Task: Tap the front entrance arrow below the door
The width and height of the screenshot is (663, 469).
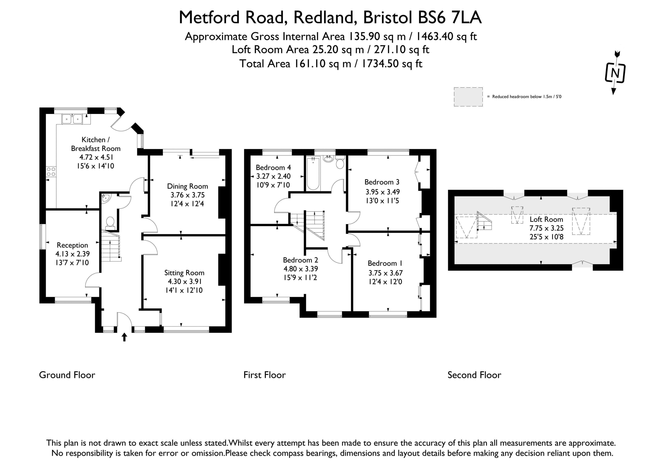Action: [x=125, y=337]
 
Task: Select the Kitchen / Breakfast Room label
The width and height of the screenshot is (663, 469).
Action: [x=96, y=144]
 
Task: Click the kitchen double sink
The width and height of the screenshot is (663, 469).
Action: [x=72, y=119]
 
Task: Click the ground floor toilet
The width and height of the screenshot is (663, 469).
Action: [x=110, y=223]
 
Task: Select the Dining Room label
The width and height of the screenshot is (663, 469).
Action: [x=188, y=186]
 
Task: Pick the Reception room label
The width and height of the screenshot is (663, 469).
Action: [x=72, y=245]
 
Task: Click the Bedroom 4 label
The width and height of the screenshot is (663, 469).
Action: [x=273, y=168]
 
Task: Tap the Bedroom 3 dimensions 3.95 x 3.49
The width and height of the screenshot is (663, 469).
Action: [x=383, y=192]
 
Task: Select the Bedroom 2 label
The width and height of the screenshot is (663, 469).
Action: [x=300, y=260]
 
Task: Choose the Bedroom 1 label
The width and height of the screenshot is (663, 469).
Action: [x=385, y=263]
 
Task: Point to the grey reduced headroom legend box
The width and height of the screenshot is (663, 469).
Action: [x=468, y=97]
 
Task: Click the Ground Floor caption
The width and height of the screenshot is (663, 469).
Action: [x=67, y=375]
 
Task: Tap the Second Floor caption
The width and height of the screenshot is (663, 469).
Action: [x=474, y=375]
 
